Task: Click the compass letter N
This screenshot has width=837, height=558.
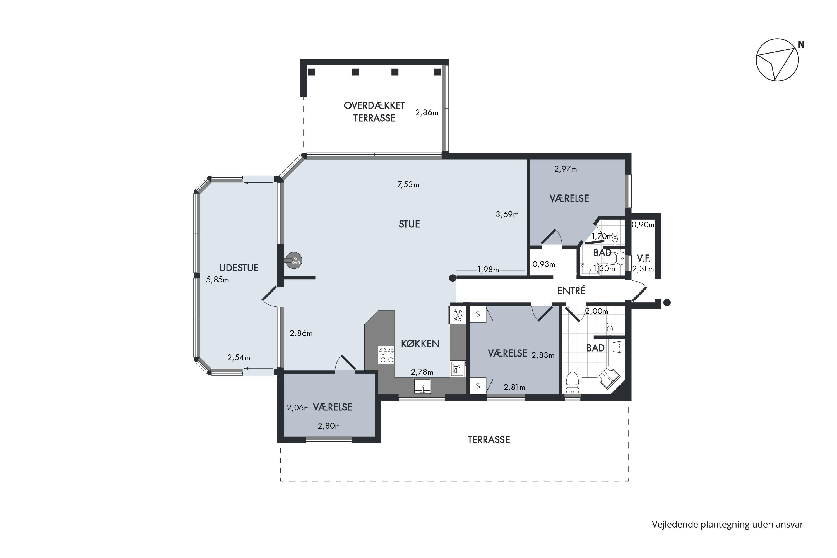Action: (x=801, y=45)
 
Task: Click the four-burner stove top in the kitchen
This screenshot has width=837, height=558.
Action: (x=386, y=355)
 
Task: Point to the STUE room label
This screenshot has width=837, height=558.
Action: (x=409, y=224)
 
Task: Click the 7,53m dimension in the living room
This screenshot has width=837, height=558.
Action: (x=408, y=184)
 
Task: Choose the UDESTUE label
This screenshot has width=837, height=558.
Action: (x=239, y=268)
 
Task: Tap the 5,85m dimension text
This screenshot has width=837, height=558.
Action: (x=217, y=280)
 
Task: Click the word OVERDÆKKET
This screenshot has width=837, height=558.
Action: (x=374, y=105)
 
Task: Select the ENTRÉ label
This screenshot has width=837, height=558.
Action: (x=571, y=291)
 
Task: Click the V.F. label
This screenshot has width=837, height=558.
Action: (x=643, y=258)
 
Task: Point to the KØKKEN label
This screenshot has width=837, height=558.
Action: (x=420, y=344)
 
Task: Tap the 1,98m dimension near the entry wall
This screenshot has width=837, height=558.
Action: (x=488, y=270)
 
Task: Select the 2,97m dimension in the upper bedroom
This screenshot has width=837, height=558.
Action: (x=566, y=169)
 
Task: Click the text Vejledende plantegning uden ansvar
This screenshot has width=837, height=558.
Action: (x=727, y=525)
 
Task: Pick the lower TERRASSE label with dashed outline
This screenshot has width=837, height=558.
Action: (x=489, y=440)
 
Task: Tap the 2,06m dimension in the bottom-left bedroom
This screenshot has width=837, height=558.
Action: (x=298, y=408)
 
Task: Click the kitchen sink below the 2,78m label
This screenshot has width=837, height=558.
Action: (x=423, y=386)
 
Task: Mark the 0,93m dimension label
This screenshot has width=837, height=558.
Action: (x=544, y=264)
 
